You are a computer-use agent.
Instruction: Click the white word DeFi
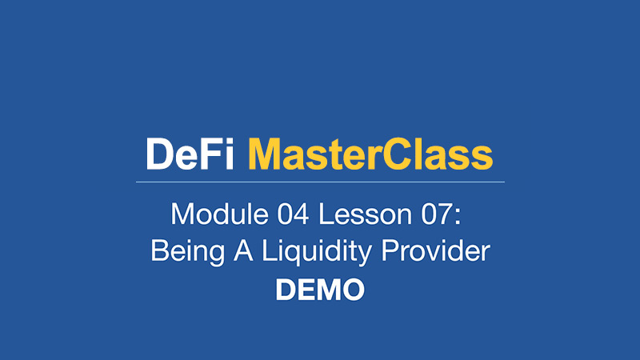(190, 154)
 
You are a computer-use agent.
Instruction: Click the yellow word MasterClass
(370, 154)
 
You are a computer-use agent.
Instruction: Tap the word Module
(219, 214)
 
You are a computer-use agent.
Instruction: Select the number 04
(293, 214)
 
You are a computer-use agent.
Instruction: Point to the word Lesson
(366, 214)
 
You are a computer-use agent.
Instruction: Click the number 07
(437, 214)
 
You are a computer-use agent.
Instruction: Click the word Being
(188, 251)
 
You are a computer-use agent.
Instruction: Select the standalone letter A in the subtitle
(243, 250)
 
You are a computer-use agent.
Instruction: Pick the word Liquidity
(316, 251)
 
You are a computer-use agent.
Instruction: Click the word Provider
(435, 250)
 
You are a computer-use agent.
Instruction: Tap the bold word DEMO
(320, 290)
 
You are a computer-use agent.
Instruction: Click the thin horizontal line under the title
(320, 182)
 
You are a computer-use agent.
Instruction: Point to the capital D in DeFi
(159, 154)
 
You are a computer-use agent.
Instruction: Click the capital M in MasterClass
(265, 154)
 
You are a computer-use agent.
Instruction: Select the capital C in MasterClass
(396, 154)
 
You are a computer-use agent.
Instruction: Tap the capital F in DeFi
(212, 154)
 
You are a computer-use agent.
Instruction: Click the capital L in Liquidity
(270, 250)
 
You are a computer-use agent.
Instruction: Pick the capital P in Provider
(390, 250)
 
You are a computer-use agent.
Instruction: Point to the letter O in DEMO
(352, 290)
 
